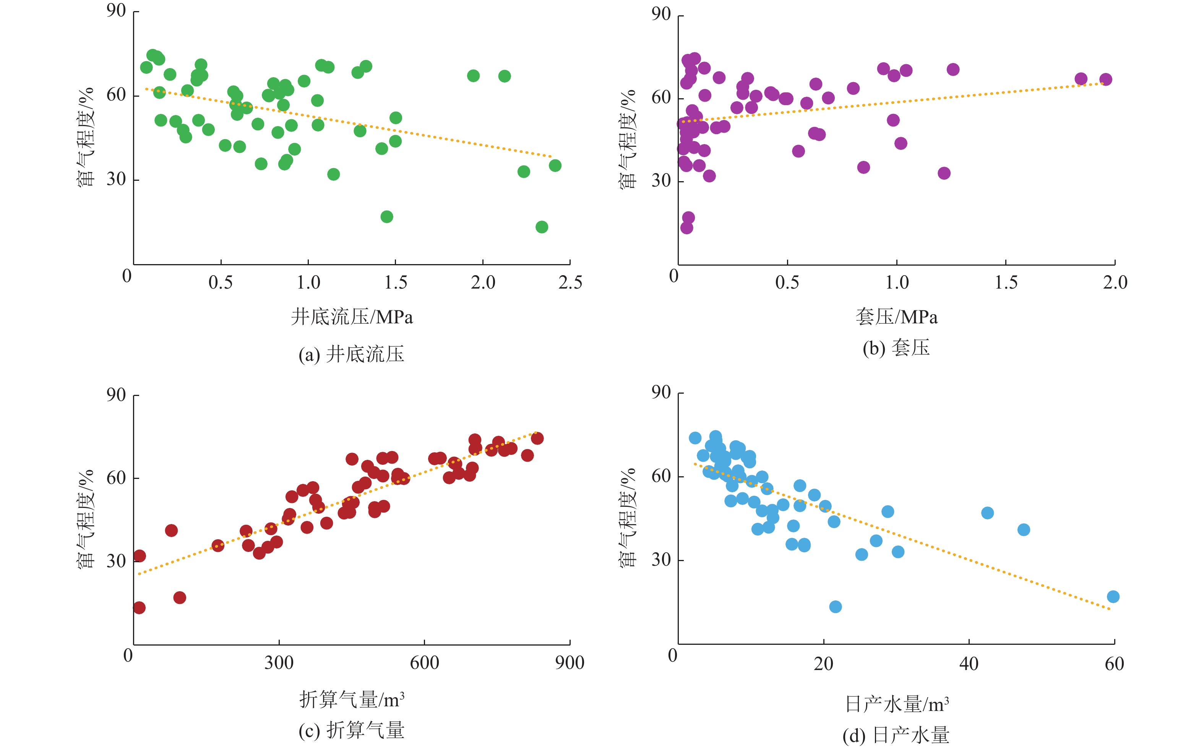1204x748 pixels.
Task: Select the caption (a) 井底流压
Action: coord(351,354)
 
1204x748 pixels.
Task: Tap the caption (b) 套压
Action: coord(896,348)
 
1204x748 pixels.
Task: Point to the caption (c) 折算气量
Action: coord(351,730)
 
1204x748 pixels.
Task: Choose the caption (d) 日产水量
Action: coord(896,735)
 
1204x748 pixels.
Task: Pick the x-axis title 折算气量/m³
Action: coord(352,699)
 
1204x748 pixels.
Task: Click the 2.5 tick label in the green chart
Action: coord(570,282)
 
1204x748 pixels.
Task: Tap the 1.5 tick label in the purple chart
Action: coord(1006,282)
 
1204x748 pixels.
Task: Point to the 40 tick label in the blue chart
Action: coord(969,664)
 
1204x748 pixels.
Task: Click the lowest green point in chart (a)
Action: coord(542,227)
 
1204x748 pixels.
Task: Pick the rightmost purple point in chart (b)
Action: coord(1105,80)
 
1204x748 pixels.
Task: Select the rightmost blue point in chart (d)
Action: coord(1113,597)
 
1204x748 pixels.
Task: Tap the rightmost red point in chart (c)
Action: coord(537,438)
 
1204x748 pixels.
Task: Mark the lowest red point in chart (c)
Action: coord(139,607)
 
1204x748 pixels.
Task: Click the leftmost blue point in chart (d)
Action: coord(695,438)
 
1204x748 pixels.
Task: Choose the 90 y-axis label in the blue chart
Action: coord(661,393)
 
